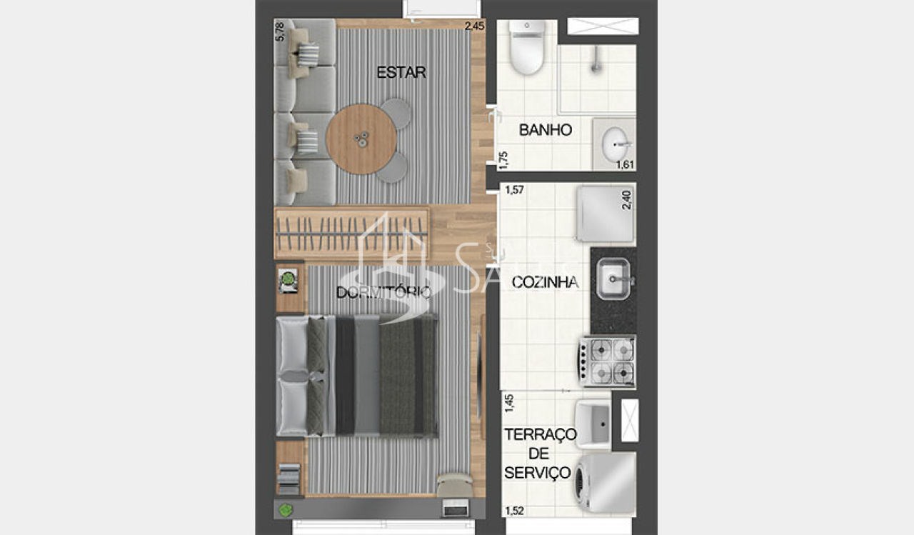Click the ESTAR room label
point(401,72)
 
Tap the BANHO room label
point(545,130)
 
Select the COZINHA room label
point(544,282)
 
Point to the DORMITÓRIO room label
point(383,292)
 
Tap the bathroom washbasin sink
point(615,144)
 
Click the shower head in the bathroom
point(594,65)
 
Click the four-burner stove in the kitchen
point(607,361)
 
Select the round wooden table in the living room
point(361,139)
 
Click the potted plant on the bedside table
point(288,279)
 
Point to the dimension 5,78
point(280,33)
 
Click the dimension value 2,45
point(474,27)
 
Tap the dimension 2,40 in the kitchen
point(627,199)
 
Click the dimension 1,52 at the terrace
point(514,511)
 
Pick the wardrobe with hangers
point(351,233)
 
